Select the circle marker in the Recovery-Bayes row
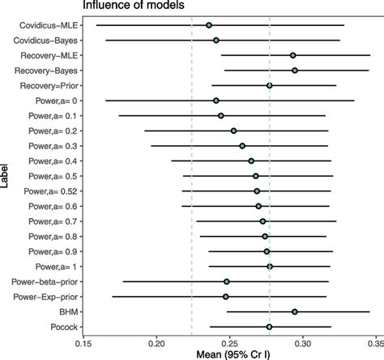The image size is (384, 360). pos(295,71)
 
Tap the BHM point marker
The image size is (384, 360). pos(295,311)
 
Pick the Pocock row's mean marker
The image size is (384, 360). pos(269,327)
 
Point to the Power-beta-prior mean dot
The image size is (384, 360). pos(227,281)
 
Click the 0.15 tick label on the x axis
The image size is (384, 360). pos(84,343)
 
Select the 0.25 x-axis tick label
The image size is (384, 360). pos(230,343)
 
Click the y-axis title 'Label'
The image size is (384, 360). pos(6,176)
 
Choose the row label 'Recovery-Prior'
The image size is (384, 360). pos(50,85)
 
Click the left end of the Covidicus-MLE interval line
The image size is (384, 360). pos(96,25)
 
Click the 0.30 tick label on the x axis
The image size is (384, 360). pos(303,343)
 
